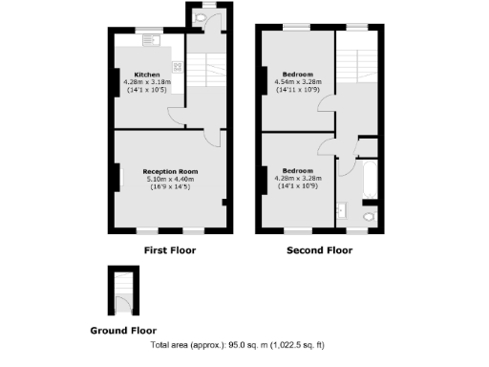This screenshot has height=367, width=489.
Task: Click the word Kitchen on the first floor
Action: (x=146, y=75)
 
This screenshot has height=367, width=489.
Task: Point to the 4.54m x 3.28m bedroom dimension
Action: (x=298, y=82)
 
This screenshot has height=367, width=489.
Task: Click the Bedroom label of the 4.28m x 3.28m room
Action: (x=298, y=170)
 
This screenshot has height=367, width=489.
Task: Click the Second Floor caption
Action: (x=319, y=250)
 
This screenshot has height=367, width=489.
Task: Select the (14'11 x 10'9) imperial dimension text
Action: (x=298, y=90)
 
